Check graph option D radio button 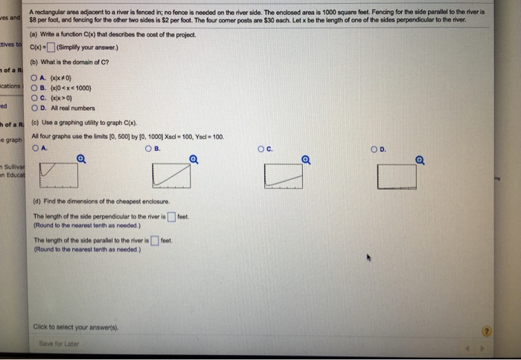(x=377, y=147)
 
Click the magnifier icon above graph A (x=81, y=158)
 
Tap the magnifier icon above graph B (x=194, y=158)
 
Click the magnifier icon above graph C (x=305, y=158)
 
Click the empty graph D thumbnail (x=397, y=176)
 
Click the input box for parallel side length (x=154, y=240)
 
